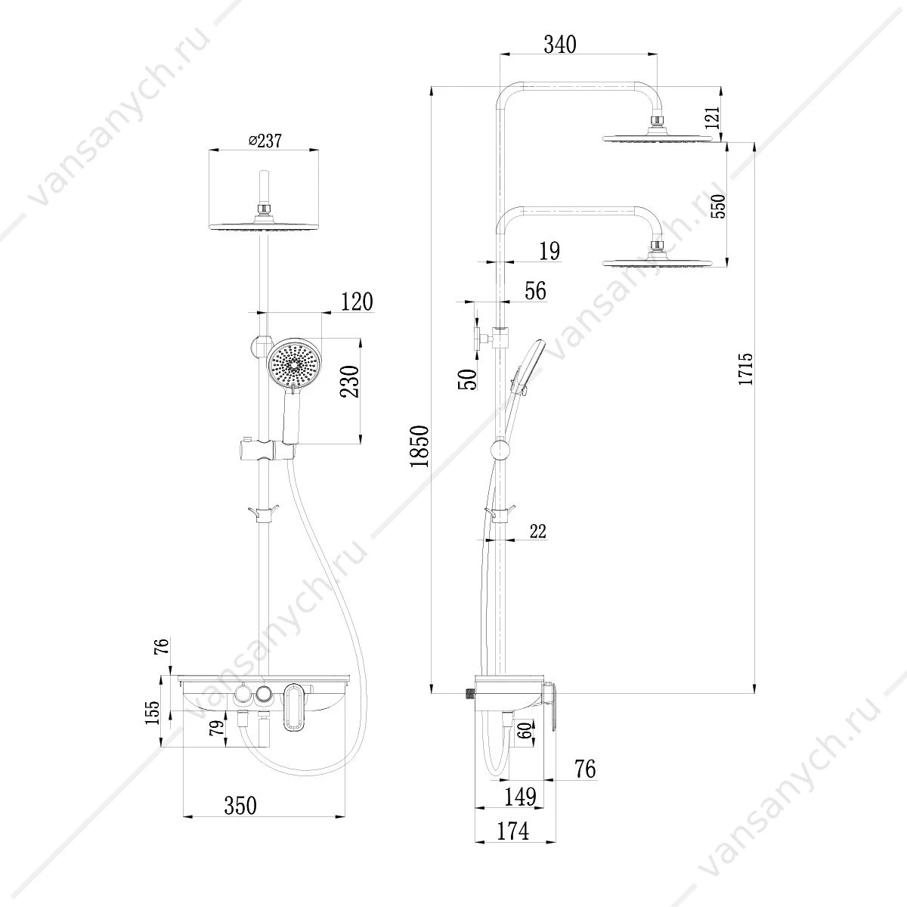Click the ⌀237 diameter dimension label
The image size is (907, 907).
(265, 141)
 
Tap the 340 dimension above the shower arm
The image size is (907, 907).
(560, 45)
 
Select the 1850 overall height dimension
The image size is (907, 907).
(419, 446)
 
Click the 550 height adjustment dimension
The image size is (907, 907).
(718, 206)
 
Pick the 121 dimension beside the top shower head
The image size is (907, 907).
(712, 118)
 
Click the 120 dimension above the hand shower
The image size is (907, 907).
(357, 302)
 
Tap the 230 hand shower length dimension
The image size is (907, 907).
(350, 381)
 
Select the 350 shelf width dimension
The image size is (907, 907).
(240, 805)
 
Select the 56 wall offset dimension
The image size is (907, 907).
(535, 290)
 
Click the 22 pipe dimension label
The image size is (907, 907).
(537, 531)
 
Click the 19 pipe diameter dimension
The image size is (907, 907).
(549, 251)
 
